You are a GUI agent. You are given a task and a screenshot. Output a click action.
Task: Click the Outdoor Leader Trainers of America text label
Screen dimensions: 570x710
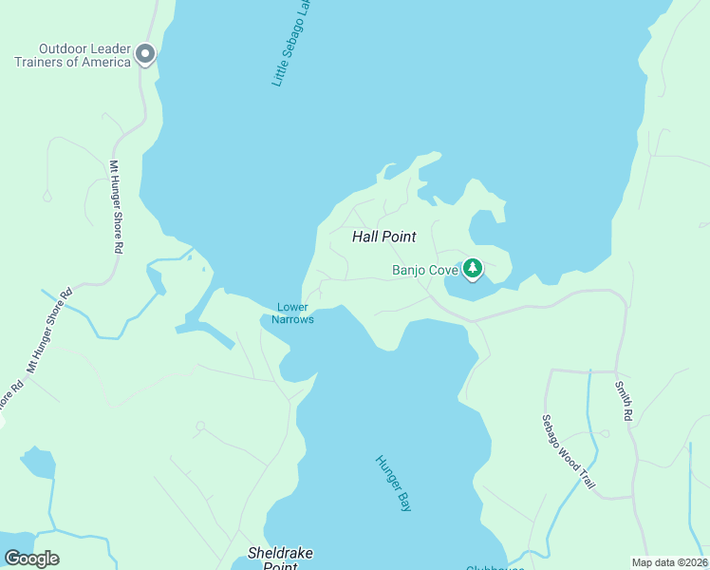coord(72,55)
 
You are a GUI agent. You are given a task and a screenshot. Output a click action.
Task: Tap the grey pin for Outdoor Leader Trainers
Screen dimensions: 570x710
coord(145,53)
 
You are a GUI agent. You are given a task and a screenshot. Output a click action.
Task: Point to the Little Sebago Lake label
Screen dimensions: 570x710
coord(291,43)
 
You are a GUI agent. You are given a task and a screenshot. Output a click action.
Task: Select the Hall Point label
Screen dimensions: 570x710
coord(384,237)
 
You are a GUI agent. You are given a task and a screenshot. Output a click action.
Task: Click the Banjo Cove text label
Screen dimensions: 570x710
coord(425,270)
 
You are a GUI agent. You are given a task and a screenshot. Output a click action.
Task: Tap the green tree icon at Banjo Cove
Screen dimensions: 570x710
coord(473,270)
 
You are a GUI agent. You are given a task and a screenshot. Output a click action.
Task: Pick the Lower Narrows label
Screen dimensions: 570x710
coord(292,313)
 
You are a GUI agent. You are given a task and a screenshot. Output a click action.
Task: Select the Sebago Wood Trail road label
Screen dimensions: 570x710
coord(569,452)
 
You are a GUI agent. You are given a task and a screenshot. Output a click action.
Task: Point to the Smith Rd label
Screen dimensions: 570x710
coord(623,401)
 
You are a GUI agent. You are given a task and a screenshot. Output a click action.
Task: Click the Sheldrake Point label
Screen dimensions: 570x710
coord(280,559)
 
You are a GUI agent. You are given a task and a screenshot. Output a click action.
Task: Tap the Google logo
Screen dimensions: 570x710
coord(31,559)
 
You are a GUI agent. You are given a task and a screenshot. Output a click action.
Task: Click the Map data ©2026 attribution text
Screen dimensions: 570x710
coord(669,561)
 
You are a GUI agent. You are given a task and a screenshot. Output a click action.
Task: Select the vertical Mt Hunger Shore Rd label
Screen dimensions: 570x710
coord(117,206)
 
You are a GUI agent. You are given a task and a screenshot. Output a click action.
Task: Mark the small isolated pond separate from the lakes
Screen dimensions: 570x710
coord(38,463)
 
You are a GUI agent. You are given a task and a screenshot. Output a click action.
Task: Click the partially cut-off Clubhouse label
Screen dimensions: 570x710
coord(494,567)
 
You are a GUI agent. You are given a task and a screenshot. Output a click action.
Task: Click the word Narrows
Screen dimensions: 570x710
coord(292,319)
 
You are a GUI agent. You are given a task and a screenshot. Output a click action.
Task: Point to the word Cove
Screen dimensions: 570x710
coord(442,270)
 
